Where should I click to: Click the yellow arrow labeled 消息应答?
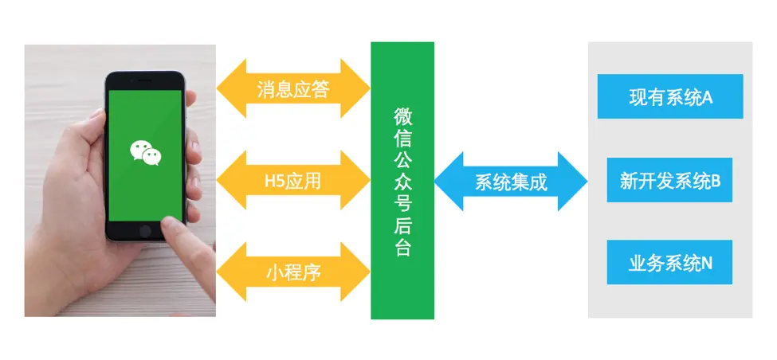tap(292, 88)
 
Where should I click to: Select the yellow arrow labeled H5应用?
tap(292, 182)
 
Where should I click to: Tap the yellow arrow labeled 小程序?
tap(292, 273)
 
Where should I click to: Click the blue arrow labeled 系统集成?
tap(511, 182)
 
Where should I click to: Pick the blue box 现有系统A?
tap(669, 97)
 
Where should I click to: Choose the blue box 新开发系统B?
tap(669, 181)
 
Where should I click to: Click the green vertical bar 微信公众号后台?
tap(402, 180)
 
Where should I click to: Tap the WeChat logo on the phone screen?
tap(145, 152)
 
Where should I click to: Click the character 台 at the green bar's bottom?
tap(402, 248)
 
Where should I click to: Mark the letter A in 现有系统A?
tap(707, 97)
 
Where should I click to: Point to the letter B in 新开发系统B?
tap(715, 181)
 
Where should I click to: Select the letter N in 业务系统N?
tap(706, 263)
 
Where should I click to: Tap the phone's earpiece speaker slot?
tap(146, 81)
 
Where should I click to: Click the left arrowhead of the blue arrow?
tap(446, 182)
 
